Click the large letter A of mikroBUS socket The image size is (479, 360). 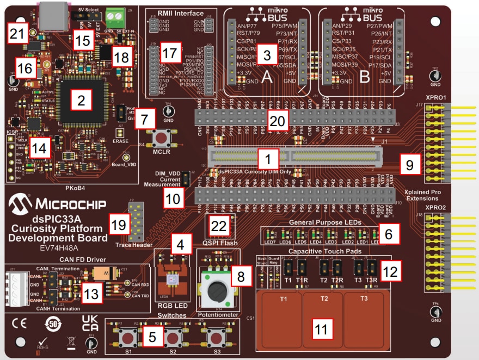(x=267, y=77)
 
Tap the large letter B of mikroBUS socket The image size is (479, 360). (x=365, y=77)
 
